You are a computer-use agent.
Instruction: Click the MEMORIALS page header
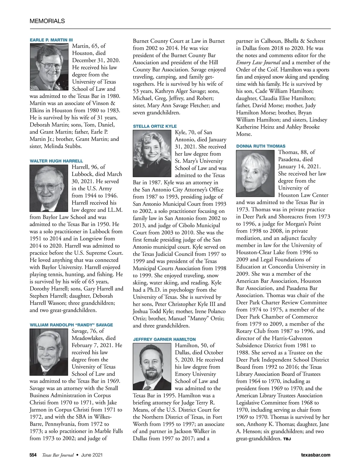point(47,21)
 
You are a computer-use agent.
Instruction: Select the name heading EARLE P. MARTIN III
point(51,40)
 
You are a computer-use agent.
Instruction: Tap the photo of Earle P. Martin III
point(49,67)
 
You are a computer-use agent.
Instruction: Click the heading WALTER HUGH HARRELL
point(56,161)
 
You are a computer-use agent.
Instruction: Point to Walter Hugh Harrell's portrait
point(49,188)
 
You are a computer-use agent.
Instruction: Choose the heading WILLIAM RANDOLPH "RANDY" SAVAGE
point(71,325)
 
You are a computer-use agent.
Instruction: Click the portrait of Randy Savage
point(49,352)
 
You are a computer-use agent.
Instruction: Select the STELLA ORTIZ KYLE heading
point(155,126)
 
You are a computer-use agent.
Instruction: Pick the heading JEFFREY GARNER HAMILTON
point(164,339)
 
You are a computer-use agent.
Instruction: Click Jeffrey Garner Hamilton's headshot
point(152,367)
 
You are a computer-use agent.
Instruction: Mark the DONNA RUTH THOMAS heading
point(261,146)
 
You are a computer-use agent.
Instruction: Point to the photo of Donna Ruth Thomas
point(255,174)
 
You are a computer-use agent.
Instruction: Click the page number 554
point(33,455)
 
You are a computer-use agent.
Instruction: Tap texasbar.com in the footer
point(315,455)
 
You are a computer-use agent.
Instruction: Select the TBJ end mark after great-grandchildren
point(287,439)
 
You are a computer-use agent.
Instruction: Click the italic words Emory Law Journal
point(258,63)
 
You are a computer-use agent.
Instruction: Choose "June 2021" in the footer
point(92,455)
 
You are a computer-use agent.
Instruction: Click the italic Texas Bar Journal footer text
point(58,455)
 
